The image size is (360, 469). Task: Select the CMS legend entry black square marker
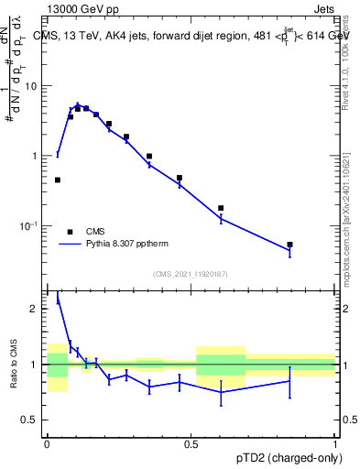[x=70, y=232]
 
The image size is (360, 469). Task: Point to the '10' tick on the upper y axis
[x=31, y=86]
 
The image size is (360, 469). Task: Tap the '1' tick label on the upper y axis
[x=35, y=156]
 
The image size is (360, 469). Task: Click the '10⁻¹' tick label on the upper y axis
[x=29, y=226]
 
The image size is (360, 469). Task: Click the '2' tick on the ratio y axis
[x=35, y=309]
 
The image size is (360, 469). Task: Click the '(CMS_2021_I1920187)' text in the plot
[x=191, y=273]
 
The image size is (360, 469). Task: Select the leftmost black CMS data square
[x=58, y=180]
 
